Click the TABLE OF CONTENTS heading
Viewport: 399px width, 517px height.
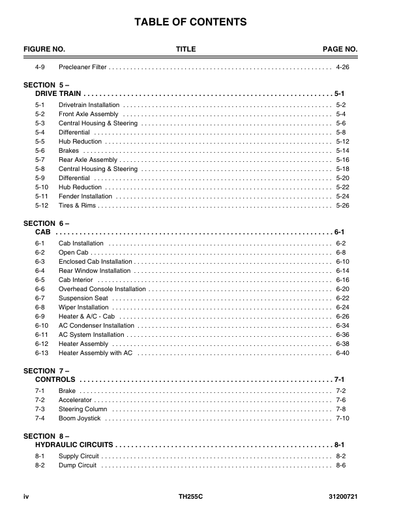[x=190, y=22]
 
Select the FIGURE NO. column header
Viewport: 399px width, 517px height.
[x=44, y=50]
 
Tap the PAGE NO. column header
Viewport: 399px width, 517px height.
[x=340, y=50]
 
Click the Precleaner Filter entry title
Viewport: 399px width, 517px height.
[x=82, y=67]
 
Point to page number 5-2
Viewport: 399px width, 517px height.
[x=340, y=104]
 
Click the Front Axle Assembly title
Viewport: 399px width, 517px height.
[x=89, y=114]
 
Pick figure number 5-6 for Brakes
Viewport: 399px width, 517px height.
[x=40, y=150]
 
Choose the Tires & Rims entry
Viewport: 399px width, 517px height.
[x=77, y=205]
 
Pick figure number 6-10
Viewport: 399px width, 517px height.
[x=42, y=325]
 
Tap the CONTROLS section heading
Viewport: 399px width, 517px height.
[x=55, y=379]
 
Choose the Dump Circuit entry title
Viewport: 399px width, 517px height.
[x=78, y=465]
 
